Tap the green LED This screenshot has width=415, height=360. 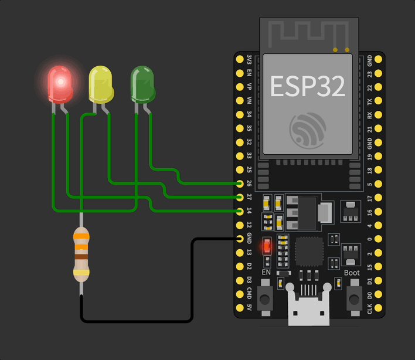[x=142, y=84]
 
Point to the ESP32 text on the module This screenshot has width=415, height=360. [x=307, y=86]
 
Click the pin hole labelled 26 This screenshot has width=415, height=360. [x=240, y=184]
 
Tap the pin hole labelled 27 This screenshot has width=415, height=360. [x=240, y=197]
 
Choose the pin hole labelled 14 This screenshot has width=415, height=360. [x=240, y=211]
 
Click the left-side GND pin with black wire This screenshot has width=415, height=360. [x=240, y=239]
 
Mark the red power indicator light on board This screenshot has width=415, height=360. [x=267, y=246]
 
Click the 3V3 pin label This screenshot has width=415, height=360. [x=250, y=59]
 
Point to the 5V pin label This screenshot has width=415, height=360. [x=250, y=308]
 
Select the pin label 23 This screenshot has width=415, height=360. [x=369, y=74]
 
